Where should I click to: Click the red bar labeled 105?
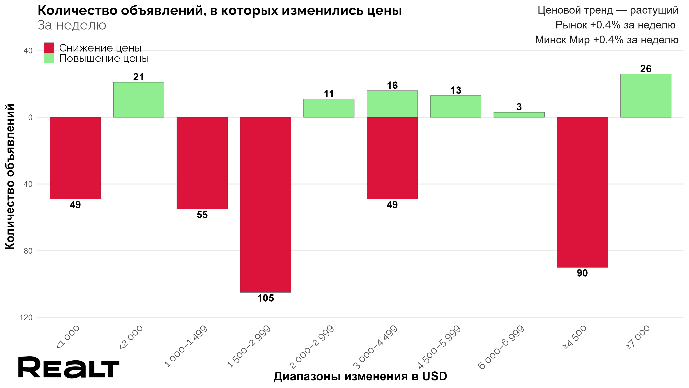[265, 205]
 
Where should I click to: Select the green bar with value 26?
[646, 95]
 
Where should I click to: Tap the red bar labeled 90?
[582, 192]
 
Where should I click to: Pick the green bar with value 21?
[138, 100]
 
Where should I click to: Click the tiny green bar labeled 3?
[519, 115]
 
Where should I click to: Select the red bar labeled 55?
[202, 163]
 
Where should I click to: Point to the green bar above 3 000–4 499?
[392, 104]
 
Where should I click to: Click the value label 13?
[456, 91]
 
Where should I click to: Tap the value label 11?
[329, 94]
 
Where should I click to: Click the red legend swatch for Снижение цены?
[49, 48]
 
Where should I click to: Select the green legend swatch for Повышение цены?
[49, 58]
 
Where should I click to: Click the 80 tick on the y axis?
[28, 251]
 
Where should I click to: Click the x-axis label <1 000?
[68, 337]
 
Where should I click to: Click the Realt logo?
[68, 367]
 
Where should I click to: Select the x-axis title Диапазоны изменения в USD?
[360, 376]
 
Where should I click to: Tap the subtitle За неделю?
[72, 25]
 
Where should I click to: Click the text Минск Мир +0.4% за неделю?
[607, 40]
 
